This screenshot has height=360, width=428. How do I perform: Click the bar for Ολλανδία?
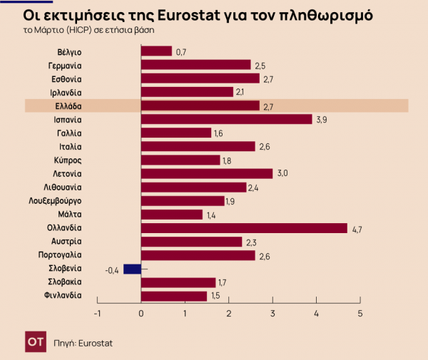(244, 228)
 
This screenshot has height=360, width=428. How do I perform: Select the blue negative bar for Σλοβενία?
(132, 269)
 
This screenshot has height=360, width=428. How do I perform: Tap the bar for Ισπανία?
(227, 119)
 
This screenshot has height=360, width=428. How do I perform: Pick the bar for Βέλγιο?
(156, 51)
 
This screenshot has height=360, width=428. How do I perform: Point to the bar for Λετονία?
(207, 173)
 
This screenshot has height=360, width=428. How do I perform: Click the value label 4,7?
(357, 229)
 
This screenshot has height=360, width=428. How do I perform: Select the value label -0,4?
(112, 269)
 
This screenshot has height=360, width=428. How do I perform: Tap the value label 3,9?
(322, 120)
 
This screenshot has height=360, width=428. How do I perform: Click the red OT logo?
(33, 342)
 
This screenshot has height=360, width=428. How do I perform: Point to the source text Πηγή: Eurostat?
(83, 343)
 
